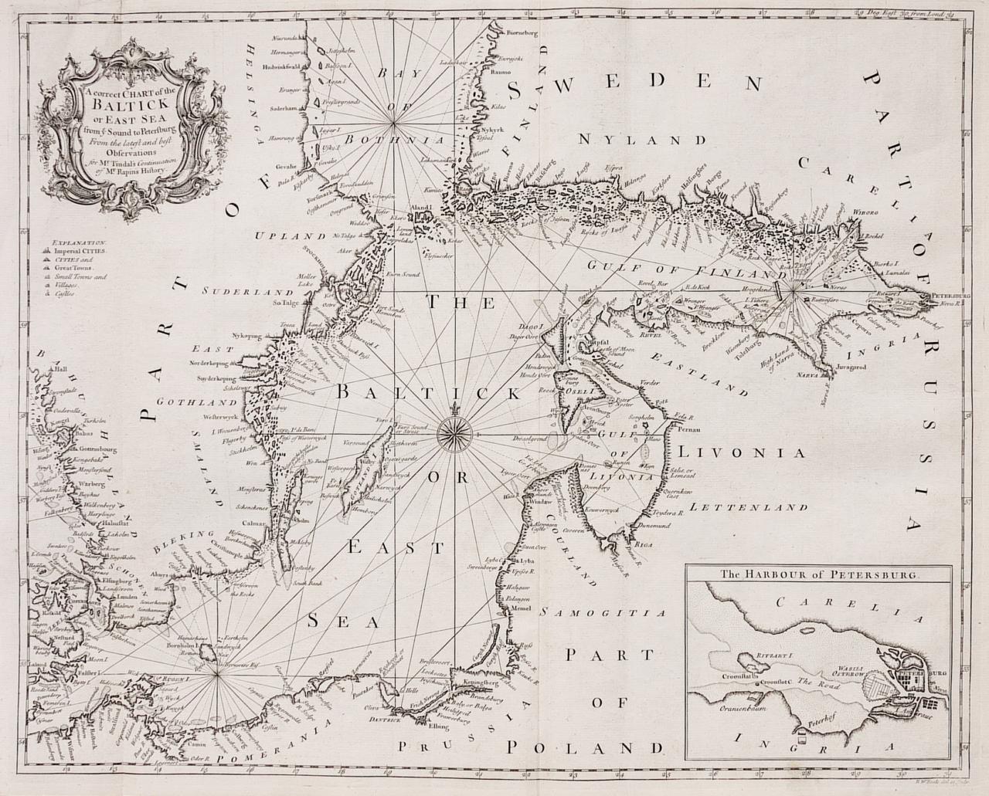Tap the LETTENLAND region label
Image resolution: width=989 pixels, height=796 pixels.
click(750, 508)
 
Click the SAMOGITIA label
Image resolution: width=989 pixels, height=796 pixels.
click(603, 613)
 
